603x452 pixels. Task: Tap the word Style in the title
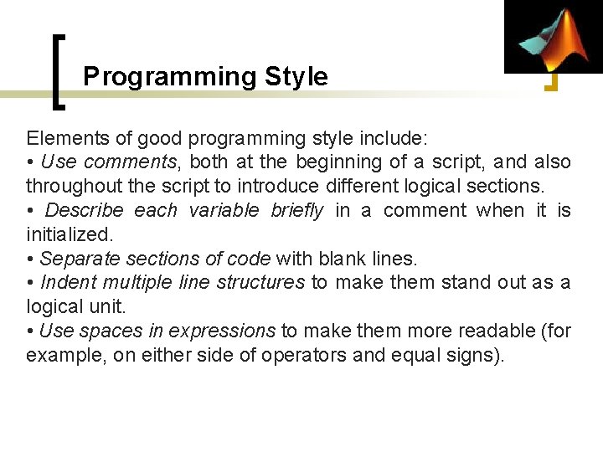pos(296,77)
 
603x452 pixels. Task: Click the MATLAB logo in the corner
pos(554,37)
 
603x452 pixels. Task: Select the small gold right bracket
pos(552,81)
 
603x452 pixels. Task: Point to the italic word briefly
pos(296,210)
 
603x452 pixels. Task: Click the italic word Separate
pos(75,259)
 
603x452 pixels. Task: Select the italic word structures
pos(260,283)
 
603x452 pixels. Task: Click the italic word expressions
pos(222,331)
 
